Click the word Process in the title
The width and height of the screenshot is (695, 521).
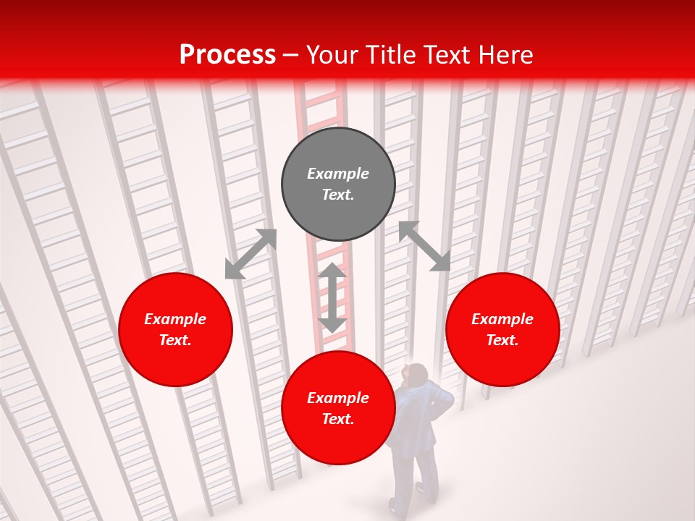pos(227,55)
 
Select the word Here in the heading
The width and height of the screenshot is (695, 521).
pos(504,55)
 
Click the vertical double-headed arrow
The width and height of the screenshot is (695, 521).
pos(332,298)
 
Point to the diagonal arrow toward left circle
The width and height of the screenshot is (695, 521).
pos(250,254)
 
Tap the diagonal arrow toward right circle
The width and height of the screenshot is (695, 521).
pos(424,246)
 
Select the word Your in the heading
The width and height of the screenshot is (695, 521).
pos(332,55)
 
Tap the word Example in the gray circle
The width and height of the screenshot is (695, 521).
pos(338,174)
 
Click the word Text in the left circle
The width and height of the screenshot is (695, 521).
pos(175,340)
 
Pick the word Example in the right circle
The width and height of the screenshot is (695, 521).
pos(502,319)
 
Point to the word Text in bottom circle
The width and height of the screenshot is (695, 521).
pos(338,419)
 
